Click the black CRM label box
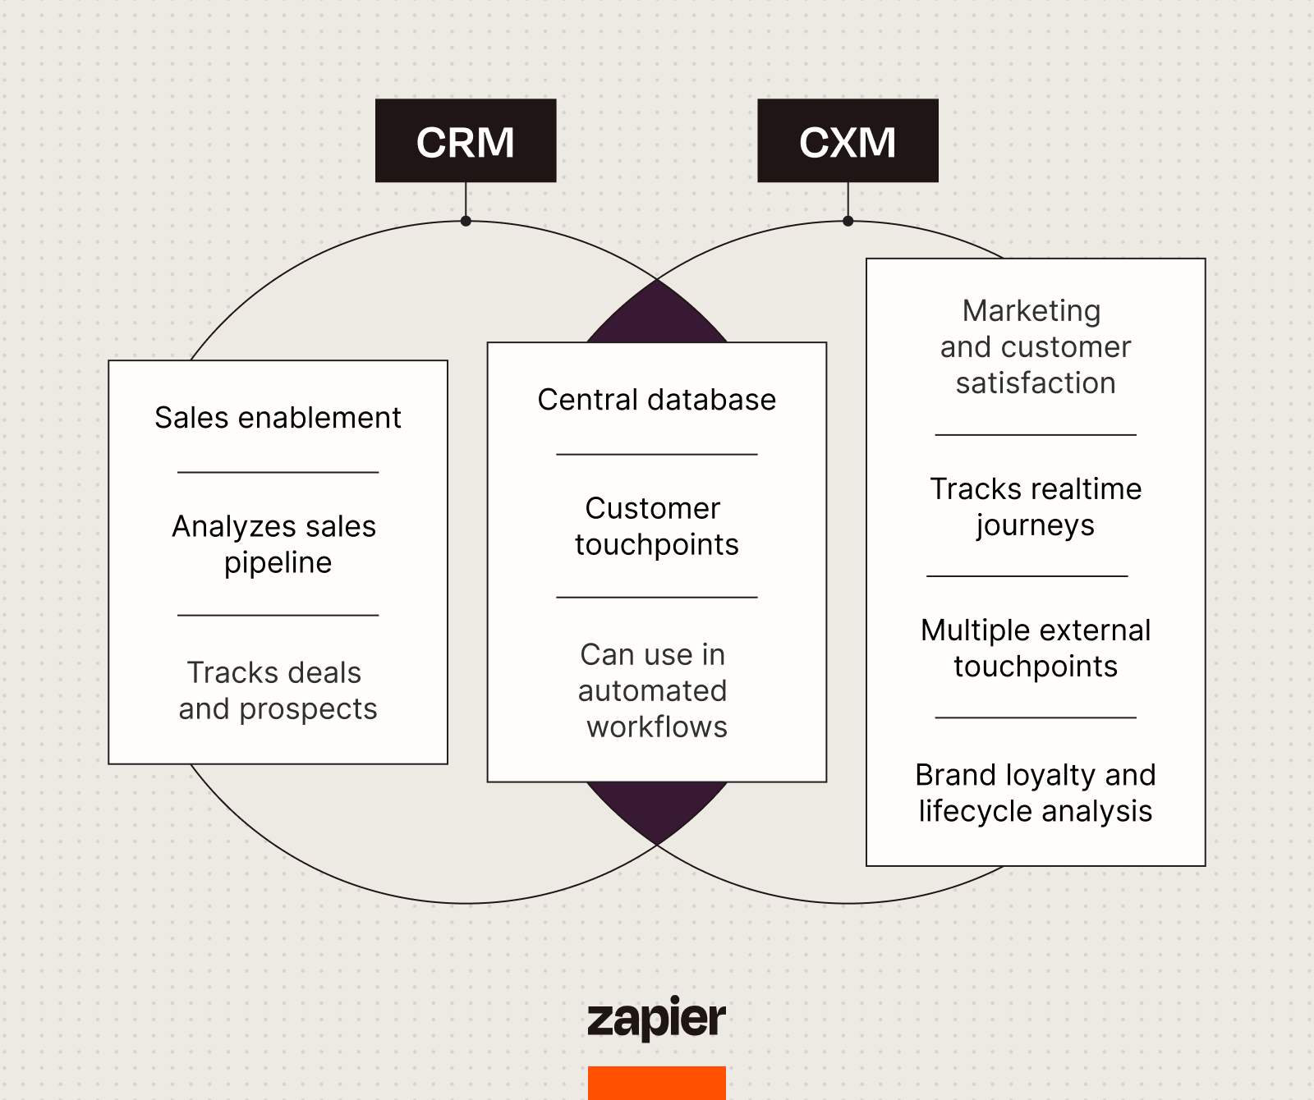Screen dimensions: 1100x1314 click(x=466, y=141)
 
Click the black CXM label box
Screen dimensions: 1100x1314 click(x=848, y=141)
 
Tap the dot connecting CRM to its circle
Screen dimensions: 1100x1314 click(x=466, y=221)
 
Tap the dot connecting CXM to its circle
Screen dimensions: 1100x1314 click(x=848, y=221)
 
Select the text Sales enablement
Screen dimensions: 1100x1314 click(x=278, y=418)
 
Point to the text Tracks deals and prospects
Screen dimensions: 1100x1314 click(x=278, y=690)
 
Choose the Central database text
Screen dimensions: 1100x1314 click(x=656, y=400)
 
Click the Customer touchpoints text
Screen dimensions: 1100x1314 click(x=656, y=526)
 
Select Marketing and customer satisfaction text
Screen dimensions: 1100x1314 click(x=1035, y=346)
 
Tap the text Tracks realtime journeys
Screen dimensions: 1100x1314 click(x=1035, y=506)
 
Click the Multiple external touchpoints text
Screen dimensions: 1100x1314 click(x=1035, y=648)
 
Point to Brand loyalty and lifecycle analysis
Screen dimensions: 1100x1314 click(x=1035, y=793)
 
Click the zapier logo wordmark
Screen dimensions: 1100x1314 click(x=656, y=1019)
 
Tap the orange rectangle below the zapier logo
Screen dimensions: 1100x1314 click(x=656, y=1083)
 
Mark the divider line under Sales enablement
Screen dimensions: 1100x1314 click(x=278, y=472)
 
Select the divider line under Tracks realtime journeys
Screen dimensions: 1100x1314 click(x=1027, y=576)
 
